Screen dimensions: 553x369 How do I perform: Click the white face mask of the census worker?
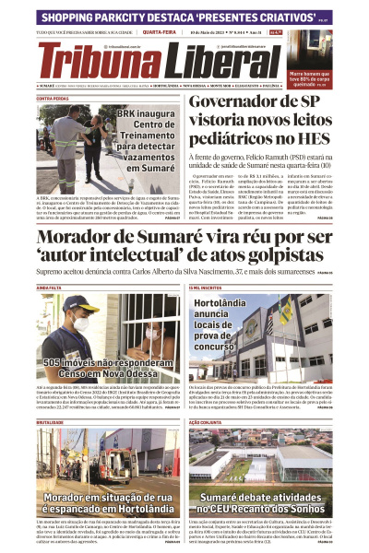point(82,324)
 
